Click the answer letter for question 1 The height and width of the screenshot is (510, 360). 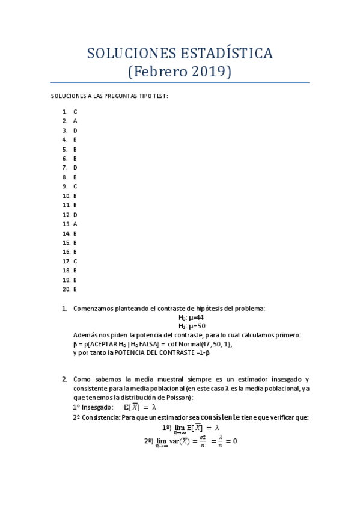coord(75,112)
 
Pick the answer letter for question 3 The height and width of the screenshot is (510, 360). coord(75,131)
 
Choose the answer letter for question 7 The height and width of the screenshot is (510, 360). coord(75,168)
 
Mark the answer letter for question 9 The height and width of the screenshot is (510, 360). coord(75,186)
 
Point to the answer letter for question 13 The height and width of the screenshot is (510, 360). coord(75,224)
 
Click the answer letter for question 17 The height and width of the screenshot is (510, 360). coord(75,262)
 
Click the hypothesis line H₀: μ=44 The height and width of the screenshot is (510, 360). coord(191,318)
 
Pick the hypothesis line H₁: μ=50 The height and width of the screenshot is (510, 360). coord(191,326)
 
